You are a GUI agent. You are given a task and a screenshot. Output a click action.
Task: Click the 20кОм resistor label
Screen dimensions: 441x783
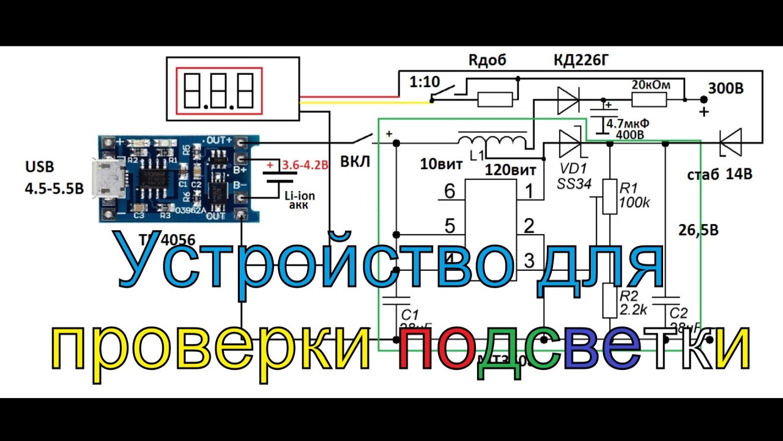pos(650,85)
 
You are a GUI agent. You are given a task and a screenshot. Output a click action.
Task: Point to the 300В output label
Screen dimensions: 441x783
pos(725,89)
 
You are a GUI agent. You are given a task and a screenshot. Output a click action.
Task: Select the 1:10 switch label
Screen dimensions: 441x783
pos(421,81)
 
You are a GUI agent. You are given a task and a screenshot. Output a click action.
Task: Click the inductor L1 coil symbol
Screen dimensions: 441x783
pos(492,141)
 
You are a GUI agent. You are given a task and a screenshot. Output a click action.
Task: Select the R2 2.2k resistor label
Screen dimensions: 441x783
pos(634,303)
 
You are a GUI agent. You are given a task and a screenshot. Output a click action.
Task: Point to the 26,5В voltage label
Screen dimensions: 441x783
pos(699,231)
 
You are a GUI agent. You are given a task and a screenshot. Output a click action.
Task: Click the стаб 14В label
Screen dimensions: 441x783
pos(719,175)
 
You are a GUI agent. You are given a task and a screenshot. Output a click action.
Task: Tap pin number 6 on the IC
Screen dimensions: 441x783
pos(450,192)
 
